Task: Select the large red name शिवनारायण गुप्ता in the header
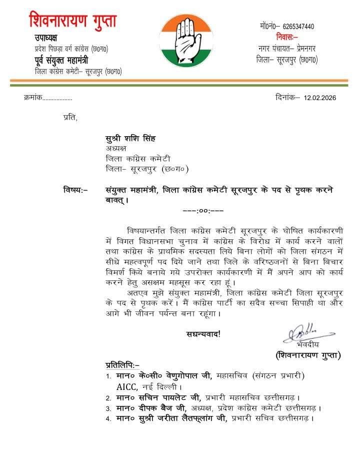coord(73,21)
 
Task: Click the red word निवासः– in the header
coord(286,37)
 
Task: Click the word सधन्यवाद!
coord(203,333)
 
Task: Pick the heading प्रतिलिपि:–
coord(122,364)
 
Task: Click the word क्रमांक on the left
coord(32,98)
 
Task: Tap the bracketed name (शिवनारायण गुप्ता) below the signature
coord(308,355)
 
